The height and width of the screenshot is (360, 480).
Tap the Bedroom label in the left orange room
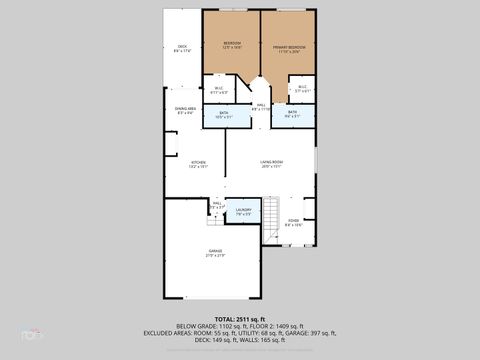[x=232, y=44]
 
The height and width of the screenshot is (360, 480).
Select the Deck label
[x=182, y=47]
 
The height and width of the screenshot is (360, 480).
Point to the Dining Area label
[x=185, y=111]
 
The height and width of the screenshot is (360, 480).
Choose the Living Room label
[x=271, y=163]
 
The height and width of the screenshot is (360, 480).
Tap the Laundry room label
[x=243, y=211]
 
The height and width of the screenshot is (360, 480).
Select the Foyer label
[x=293, y=222]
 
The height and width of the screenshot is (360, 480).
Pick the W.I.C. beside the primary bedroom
[x=303, y=88]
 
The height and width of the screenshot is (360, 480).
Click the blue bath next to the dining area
[x=223, y=115]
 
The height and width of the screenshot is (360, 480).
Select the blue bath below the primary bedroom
[x=292, y=114]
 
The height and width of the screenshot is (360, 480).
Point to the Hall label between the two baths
[x=260, y=106]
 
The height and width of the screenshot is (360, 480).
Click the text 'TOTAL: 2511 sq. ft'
[x=240, y=318]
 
